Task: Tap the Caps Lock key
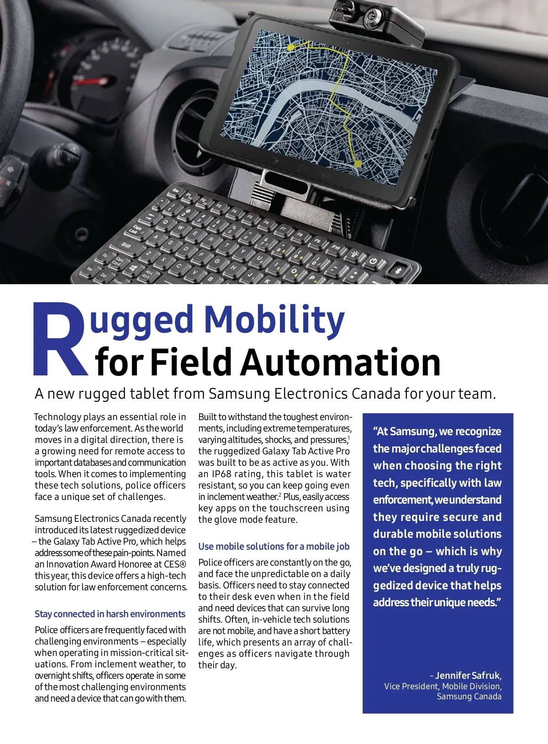[x=136, y=229]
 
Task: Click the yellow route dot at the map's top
[x=290, y=47]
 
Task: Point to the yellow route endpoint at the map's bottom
[x=358, y=163]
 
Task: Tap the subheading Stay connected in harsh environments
[x=110, y=614]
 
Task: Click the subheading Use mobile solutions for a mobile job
[x=274, y=546]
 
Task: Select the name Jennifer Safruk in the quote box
[x=468, y=676]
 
